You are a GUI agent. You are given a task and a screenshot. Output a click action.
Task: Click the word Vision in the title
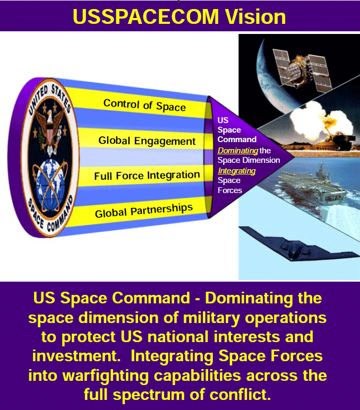coord(255,16)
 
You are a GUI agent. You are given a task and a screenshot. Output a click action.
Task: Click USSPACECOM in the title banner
coord(146,16)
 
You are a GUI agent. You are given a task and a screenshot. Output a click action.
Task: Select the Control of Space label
coord(144,106)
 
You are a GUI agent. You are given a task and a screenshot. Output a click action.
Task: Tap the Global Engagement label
coord(147,141)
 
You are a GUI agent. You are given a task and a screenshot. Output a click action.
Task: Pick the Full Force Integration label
coord(147,175)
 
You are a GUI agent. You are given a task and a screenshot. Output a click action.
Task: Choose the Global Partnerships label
coord(144,211)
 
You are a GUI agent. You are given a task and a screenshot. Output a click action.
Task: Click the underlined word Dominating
coord(238,151)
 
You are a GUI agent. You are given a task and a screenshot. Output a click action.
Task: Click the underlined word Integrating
coord(237,171)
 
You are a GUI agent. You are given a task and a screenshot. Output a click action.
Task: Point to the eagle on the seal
coord(50,128)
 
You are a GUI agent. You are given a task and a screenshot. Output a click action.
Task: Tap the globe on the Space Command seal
coord(50,185)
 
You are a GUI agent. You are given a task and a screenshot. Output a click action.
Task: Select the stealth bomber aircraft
coord(298,245)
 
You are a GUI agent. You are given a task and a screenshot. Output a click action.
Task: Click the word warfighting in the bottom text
coord(106,376)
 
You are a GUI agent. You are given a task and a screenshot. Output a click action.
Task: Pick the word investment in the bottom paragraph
coord(76,356)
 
